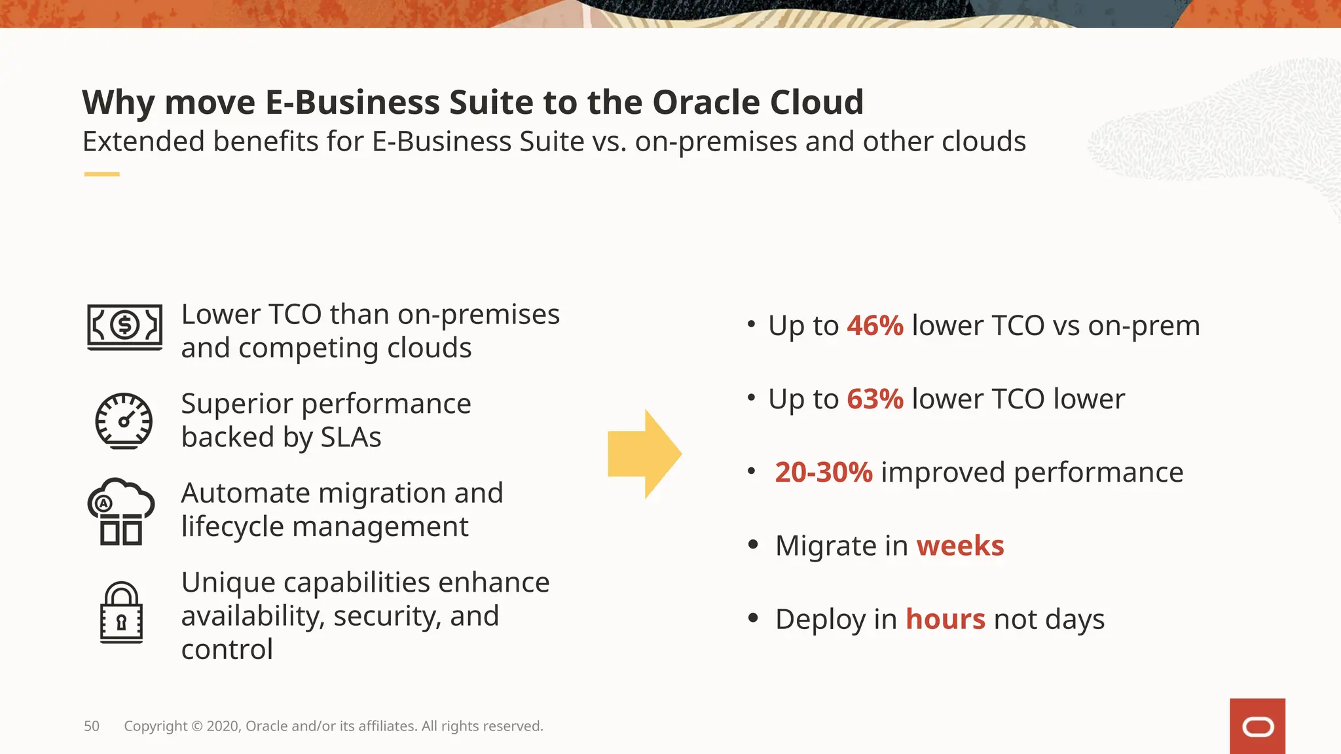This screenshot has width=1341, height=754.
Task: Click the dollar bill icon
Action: click(x=124, y=327)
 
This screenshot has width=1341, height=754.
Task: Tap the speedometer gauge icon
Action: click(x=124, y=421)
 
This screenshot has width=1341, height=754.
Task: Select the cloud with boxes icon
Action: click(x=121, y=511)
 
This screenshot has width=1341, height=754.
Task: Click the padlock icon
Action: click(x=121, y=613)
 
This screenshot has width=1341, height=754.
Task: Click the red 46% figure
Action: click(x=875, y=325)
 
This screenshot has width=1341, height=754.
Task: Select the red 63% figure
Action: click(x=875, y=399)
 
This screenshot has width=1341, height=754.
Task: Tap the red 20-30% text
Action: click(x=823, y=472)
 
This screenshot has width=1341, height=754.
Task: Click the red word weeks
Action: click(x=959, y=545)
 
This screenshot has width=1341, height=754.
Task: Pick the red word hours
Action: click(x=945, y=619)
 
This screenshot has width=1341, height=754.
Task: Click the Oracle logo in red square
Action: click(x=1257, y=727)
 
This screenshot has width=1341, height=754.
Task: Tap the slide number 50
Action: click(x=92, y=726)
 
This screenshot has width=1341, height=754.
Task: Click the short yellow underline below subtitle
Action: click(x=101, y=174)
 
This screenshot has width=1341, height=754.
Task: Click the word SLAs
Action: click(x=350, y=437)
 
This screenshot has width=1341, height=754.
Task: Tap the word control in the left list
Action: click(x=227, y=649)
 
